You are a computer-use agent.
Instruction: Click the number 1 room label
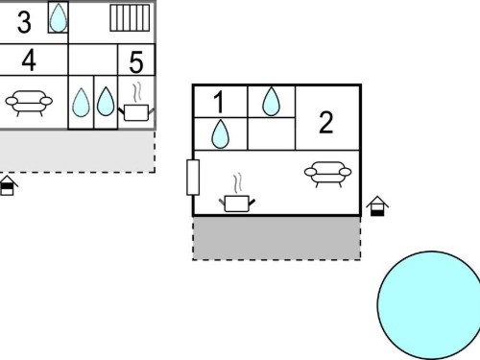point(219,102)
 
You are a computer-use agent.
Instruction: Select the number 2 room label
point(326,122)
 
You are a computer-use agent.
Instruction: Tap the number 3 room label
point(24,22)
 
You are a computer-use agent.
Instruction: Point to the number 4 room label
point(29,60)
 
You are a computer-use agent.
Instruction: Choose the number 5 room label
point(136,61)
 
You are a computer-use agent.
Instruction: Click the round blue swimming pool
point(429,305)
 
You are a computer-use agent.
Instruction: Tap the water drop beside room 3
point(59,17)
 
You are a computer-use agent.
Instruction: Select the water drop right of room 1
point(271,101)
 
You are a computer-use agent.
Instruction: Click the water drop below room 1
point(220,133)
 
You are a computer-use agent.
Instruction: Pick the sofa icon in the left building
point(29,103)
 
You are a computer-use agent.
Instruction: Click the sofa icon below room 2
point(327,174)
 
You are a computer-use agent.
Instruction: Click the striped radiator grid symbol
point(130,18)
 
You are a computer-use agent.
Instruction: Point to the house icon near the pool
point(377,206)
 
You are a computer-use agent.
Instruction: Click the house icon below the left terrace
point(8,185)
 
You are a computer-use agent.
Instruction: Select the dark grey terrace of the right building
point(276,238)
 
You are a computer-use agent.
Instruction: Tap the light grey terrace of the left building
point(77,152)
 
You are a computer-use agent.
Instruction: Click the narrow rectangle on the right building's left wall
point(193,178)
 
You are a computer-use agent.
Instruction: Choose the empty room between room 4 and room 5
point(93,60)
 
